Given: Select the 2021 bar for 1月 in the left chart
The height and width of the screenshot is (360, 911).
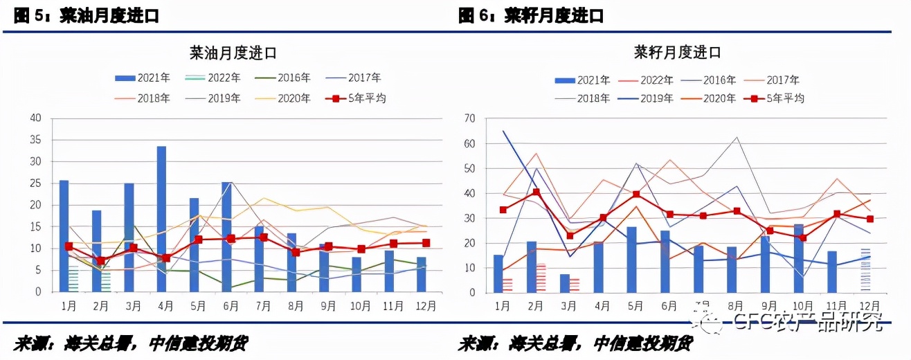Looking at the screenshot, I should (64, 235).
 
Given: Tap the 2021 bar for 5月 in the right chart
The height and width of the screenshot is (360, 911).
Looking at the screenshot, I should (631, 260).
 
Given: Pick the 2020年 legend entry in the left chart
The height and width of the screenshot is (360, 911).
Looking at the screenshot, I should (287, 98).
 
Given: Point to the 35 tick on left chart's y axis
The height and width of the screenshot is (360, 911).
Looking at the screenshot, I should (36, 140).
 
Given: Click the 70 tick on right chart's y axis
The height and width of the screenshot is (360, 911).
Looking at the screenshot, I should (470, 119).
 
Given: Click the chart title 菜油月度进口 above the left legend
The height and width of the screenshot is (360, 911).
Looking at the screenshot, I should (233, 53).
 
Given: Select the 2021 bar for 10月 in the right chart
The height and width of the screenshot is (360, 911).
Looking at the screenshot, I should (798, 258).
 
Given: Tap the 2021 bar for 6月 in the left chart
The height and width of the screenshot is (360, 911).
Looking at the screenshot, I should (226, 237).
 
